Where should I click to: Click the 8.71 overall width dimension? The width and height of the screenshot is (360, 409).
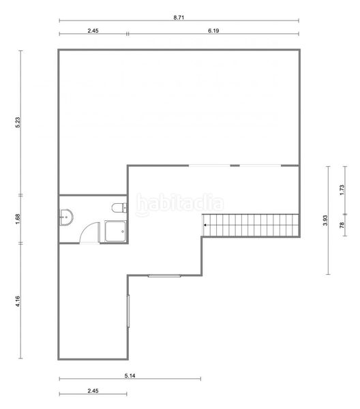(179, 18)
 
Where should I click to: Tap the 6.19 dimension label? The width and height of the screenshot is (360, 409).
(213, 31)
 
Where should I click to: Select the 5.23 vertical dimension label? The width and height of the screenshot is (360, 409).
(18, 122)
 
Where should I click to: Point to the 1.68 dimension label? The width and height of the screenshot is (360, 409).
(18, 219)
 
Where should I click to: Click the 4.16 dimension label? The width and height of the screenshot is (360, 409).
(18, 301)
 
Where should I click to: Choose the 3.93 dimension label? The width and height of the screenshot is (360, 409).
(325, 220)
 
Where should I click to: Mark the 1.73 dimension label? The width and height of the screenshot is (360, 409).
(342, 190)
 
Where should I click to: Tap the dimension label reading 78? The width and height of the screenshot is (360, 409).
(342, 225)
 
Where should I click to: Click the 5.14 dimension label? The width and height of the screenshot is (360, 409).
(130, 376)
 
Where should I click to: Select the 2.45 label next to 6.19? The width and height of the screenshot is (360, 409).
(93, 31)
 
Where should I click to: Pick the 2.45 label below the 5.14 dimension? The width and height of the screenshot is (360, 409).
(93, 391)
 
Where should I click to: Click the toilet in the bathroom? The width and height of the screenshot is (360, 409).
(119, 208)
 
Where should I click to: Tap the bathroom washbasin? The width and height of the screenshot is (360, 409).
(66, 217)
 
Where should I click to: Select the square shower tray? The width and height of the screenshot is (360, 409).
(115, 231)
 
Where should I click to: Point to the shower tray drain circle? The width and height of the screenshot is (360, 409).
(123, 231)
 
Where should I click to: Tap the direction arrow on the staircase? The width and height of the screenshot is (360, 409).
(205, 225)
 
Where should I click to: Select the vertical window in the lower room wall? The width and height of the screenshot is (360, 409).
(128, 311)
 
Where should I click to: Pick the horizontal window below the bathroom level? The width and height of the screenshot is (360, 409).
(164, 275)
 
